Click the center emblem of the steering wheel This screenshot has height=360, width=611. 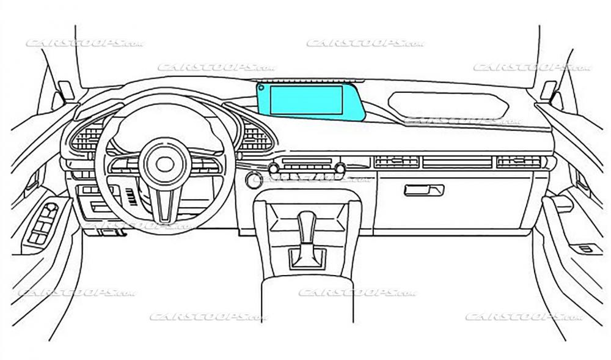coord(164,163)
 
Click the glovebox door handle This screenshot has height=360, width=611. coord(423,190)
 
